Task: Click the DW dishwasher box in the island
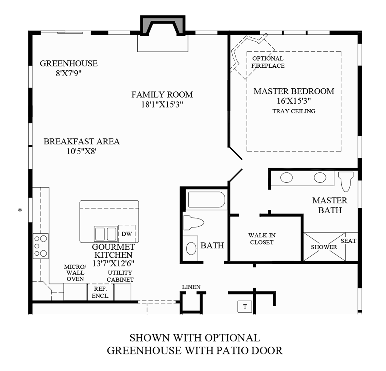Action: pyautogui.click(x=127, y=234)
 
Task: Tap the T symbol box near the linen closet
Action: pyautogui.click(x=245, y=306)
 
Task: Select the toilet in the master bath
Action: pyautogui.click(x=345, y=181)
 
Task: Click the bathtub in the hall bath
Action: pyautogui.click(x=206, y=200)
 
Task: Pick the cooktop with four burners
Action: pyautogui.click(x=40, y=246)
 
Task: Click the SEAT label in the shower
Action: pyautogui.click(x=348, y=241)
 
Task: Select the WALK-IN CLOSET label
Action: pyautogui.click(x=262, y=239)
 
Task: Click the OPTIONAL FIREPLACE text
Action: pyautogui.click(x=268, y=62)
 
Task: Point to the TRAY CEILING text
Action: pyautogui.click(x=294, y=111)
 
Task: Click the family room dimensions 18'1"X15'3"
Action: pyautogui.click(x=162, y=104)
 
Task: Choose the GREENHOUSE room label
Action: pyautogui.click(x=68, y=63)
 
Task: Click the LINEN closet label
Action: pyautogui.click(x=191, y=287)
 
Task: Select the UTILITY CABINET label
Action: pyautogui.click(x=120, y=276)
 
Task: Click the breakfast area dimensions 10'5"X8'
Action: pyautogui.click(x=81, y=151)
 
